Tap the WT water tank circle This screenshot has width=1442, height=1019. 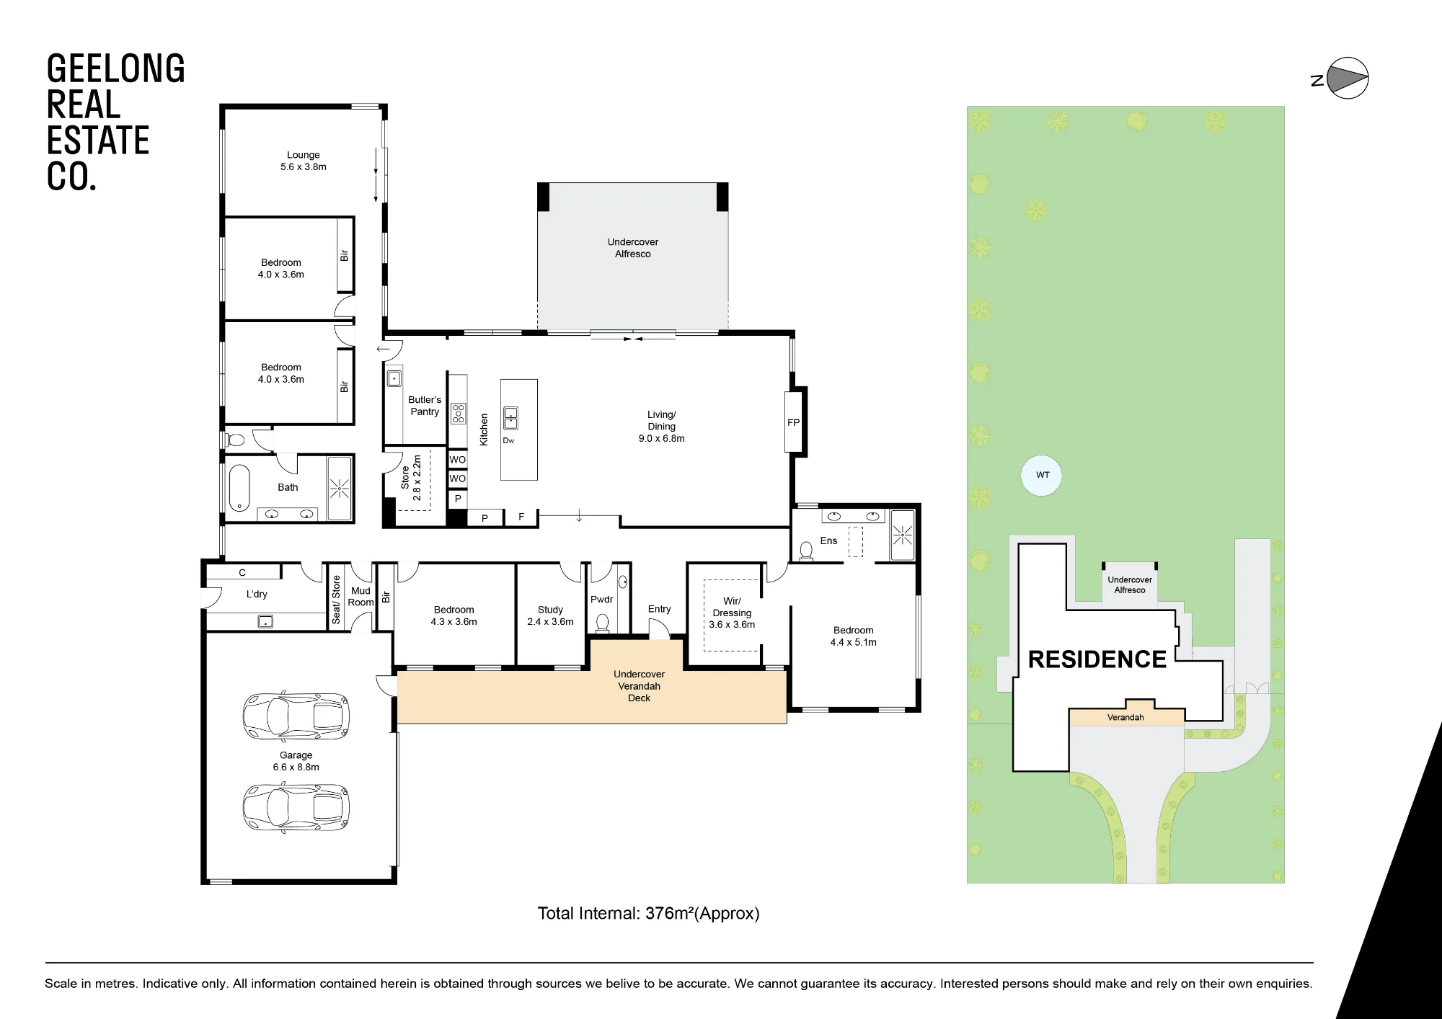(x=1042, y=476)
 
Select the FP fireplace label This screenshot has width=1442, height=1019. (x=793, y=423)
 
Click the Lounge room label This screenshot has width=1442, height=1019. (x=304, y=161)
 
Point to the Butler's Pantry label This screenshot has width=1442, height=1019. (x=425, y=406)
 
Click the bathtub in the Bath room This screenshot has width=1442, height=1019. (x=239, y=488)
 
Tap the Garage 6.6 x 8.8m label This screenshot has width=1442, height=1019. (x=296, y=761)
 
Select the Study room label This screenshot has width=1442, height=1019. (x=550, y=615)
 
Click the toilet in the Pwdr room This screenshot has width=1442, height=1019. (x=603, y=622)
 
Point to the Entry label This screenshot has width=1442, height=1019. (x=659, y=609)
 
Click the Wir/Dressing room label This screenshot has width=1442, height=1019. (x=732, y=613)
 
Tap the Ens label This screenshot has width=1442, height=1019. (x=828, y=540)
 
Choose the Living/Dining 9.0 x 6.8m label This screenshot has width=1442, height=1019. (x=661, y=426)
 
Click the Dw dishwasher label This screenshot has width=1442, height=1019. (x=509, y=441)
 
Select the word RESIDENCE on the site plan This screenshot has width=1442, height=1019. (x=1097, y=659)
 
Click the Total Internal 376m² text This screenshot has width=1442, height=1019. (x=648, y=914)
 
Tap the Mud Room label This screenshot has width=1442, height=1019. (x=360, y=597)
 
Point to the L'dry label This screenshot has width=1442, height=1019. (x=257, y=595)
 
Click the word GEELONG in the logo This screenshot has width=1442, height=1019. (x=116, y=69)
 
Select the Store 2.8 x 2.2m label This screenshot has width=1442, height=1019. (x=411, y=478)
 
